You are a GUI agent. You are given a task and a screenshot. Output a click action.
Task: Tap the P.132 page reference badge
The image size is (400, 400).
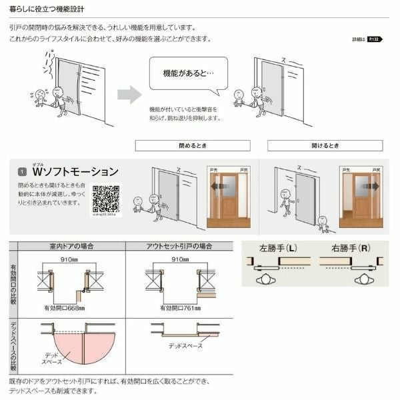[x=373, y=40]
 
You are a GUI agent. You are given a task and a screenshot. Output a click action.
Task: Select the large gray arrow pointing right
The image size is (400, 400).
[x=129, y=95]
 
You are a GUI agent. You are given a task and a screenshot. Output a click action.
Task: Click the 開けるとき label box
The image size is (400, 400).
[x=325, y=145]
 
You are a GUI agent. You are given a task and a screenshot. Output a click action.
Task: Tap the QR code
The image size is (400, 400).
[x=105, y=199]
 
